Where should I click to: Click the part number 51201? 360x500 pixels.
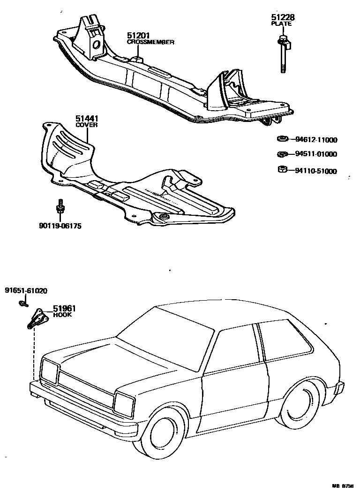coord(138,36)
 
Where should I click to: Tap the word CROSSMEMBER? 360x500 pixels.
coord(151,42)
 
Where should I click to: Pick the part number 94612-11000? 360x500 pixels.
coord(316,140)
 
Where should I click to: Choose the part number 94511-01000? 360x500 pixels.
coord(316,154)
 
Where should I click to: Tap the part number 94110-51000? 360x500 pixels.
coord(316,171)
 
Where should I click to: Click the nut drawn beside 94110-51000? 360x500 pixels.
coord(282,169)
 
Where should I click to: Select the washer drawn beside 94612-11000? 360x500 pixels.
coord(282,139)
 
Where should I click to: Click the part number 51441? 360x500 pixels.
coord(86,119)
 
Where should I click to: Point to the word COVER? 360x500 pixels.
coord(86,125)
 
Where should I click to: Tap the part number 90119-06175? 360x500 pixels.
coord(60,226)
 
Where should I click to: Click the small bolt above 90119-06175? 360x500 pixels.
coord(60,207)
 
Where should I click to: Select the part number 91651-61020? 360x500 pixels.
coord(26,291)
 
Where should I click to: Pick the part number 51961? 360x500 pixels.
coord(64,308)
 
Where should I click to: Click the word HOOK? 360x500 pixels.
coord(62,315)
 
